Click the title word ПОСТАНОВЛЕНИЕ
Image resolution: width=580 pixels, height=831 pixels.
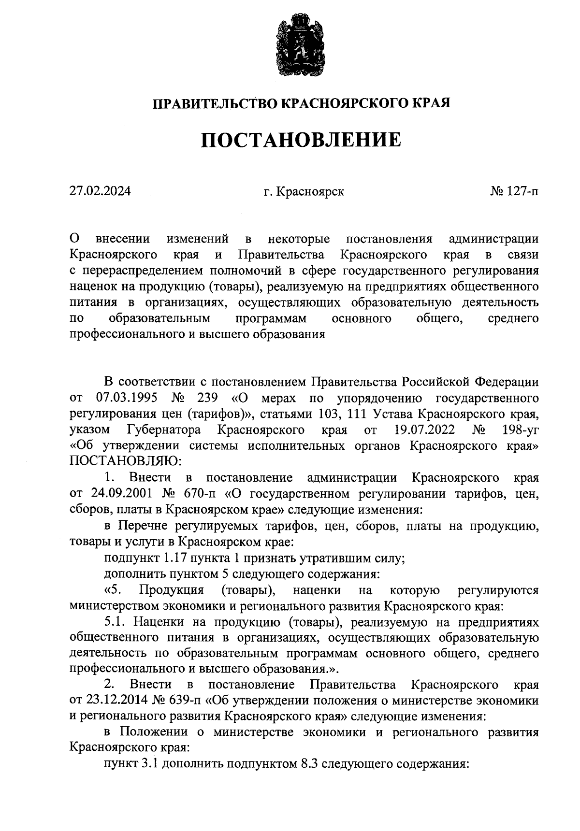[301, 140]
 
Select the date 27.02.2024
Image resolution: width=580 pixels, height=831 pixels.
[100, 191]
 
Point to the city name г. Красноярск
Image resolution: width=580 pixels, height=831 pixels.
[304, 191]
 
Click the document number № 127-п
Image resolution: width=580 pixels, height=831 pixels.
[514, 191]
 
